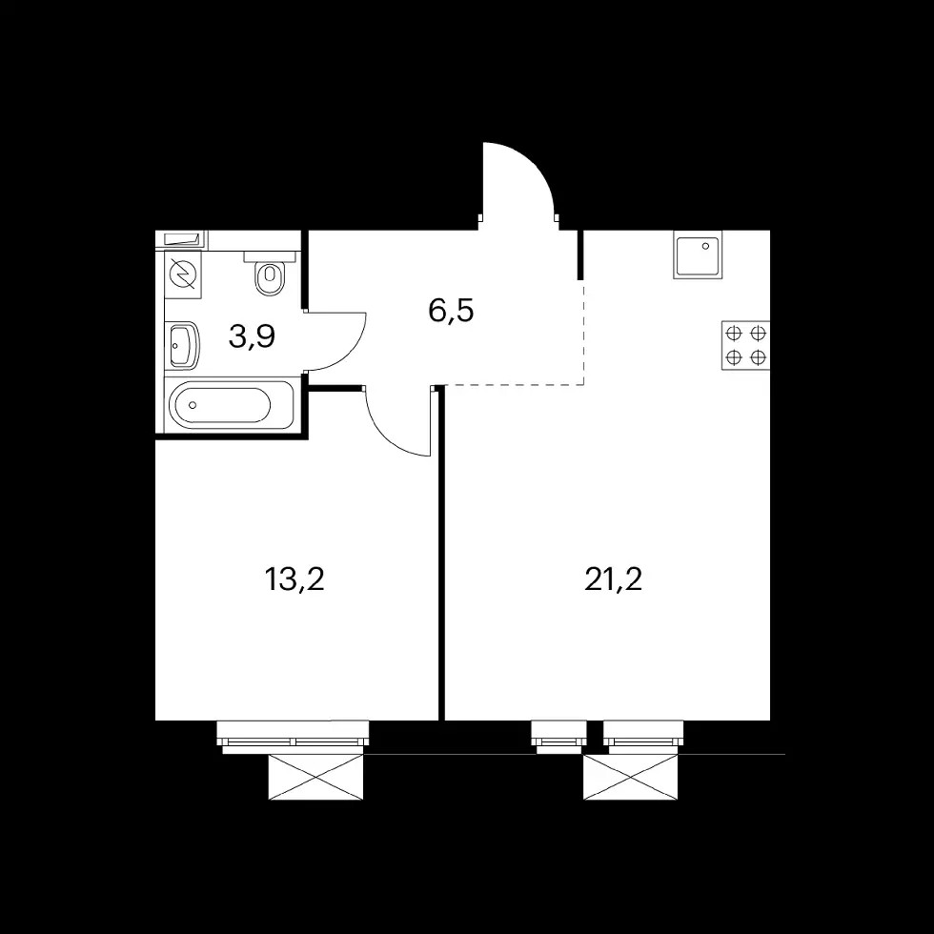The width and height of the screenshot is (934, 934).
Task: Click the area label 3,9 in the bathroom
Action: [x=252, y=337]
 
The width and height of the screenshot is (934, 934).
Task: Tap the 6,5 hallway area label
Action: [x=451, y=311]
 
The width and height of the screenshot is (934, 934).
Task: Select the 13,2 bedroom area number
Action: [x=294, y=579]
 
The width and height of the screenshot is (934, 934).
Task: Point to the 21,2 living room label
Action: [x=614, y=579]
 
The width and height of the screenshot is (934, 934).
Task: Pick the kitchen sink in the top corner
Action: [x=698, y=255]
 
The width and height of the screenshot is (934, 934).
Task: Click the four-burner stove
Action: [x=745, y=345]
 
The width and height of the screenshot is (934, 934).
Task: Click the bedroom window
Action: [x=293, y=737]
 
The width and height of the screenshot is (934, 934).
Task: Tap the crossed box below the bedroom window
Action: [x=315, y=777]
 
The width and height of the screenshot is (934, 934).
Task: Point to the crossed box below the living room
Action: [x=631, y=777]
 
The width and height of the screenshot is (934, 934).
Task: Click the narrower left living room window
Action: [x=558, y=737]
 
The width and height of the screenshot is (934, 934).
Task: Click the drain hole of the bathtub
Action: [x=193, y=405]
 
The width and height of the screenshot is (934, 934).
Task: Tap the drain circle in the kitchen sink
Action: [x=706, y=246]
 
